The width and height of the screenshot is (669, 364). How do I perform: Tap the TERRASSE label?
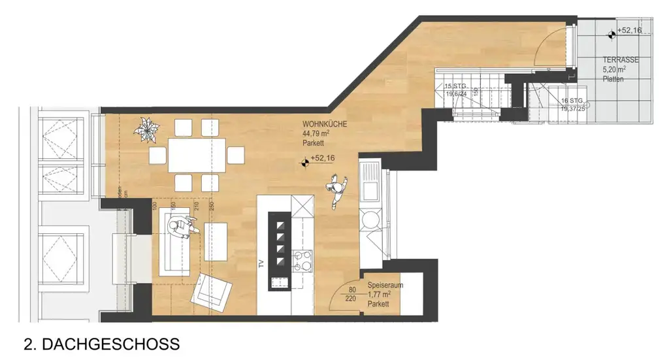point(620,59)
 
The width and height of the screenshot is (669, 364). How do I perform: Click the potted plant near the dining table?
point(146,127)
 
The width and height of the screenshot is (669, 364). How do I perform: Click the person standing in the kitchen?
point(336,191)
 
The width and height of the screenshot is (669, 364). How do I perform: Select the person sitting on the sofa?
point(180,228)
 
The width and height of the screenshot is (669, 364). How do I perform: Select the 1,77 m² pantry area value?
point(379,295)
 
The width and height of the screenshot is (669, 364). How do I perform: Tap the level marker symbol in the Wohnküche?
point(304,159)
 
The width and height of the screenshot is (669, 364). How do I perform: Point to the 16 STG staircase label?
point(572,101)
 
